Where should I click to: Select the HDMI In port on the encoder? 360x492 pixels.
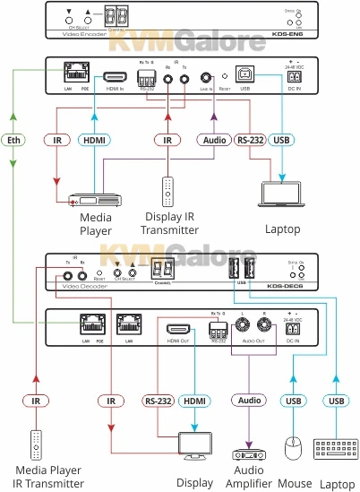click(x=115, y=78)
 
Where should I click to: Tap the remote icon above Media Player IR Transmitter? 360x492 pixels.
click(x=35, y=445)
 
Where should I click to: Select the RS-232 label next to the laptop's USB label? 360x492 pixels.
click(x=250, y=139)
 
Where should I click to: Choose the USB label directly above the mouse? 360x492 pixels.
click(x=293, y=400)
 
